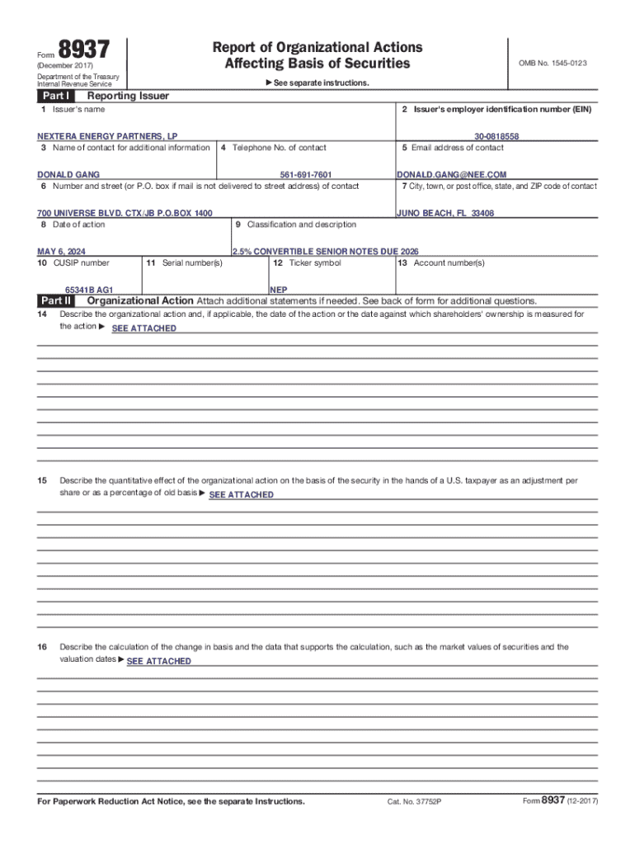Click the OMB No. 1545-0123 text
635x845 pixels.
pyautogui.click(x=553, y=63)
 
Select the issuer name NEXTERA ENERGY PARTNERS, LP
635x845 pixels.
pyautogui.click(x=107, y=136)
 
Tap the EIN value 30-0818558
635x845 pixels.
pyautogui.click(x=496, y=136)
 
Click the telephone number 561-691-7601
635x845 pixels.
pyautogui.click(x=306, y=175)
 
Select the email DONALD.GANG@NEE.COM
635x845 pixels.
pyautogui.click(x=451, y=175)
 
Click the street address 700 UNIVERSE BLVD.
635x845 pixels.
pyautogui.click(x=125, y=213)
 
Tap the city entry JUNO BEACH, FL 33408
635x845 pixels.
pyautogui.click(x=445, y=213)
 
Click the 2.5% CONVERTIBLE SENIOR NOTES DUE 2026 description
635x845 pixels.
pyautogui.click(x=319, y=251)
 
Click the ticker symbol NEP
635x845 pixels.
pyautogui.click(x=279, y=290)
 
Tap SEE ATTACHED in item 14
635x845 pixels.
pyautogui.click(x=143, y=328)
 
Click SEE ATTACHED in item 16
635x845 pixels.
pyautogui.click(x=158, y=661)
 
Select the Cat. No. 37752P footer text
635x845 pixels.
pyautogui.click(x=414, y=802)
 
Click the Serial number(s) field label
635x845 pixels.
pyautogui.click(x=184, y=263)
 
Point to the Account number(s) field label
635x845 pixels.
pyautogui.click(x=441, y=263)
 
